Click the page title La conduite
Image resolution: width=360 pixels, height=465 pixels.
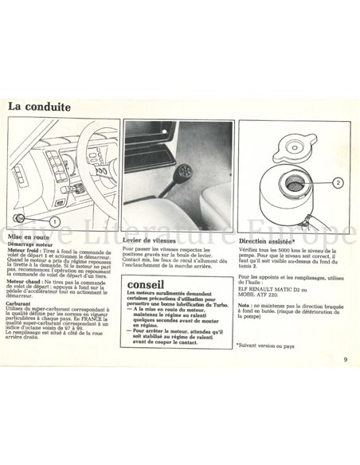point(39,107)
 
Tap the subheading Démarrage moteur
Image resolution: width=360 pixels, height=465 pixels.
point(29,245)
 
